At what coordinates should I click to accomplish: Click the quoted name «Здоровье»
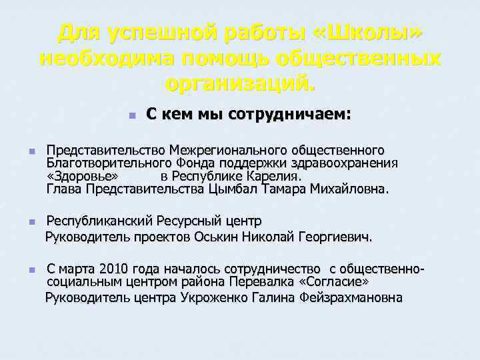(83, 176)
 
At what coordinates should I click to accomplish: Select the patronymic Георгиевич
(335, 237)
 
